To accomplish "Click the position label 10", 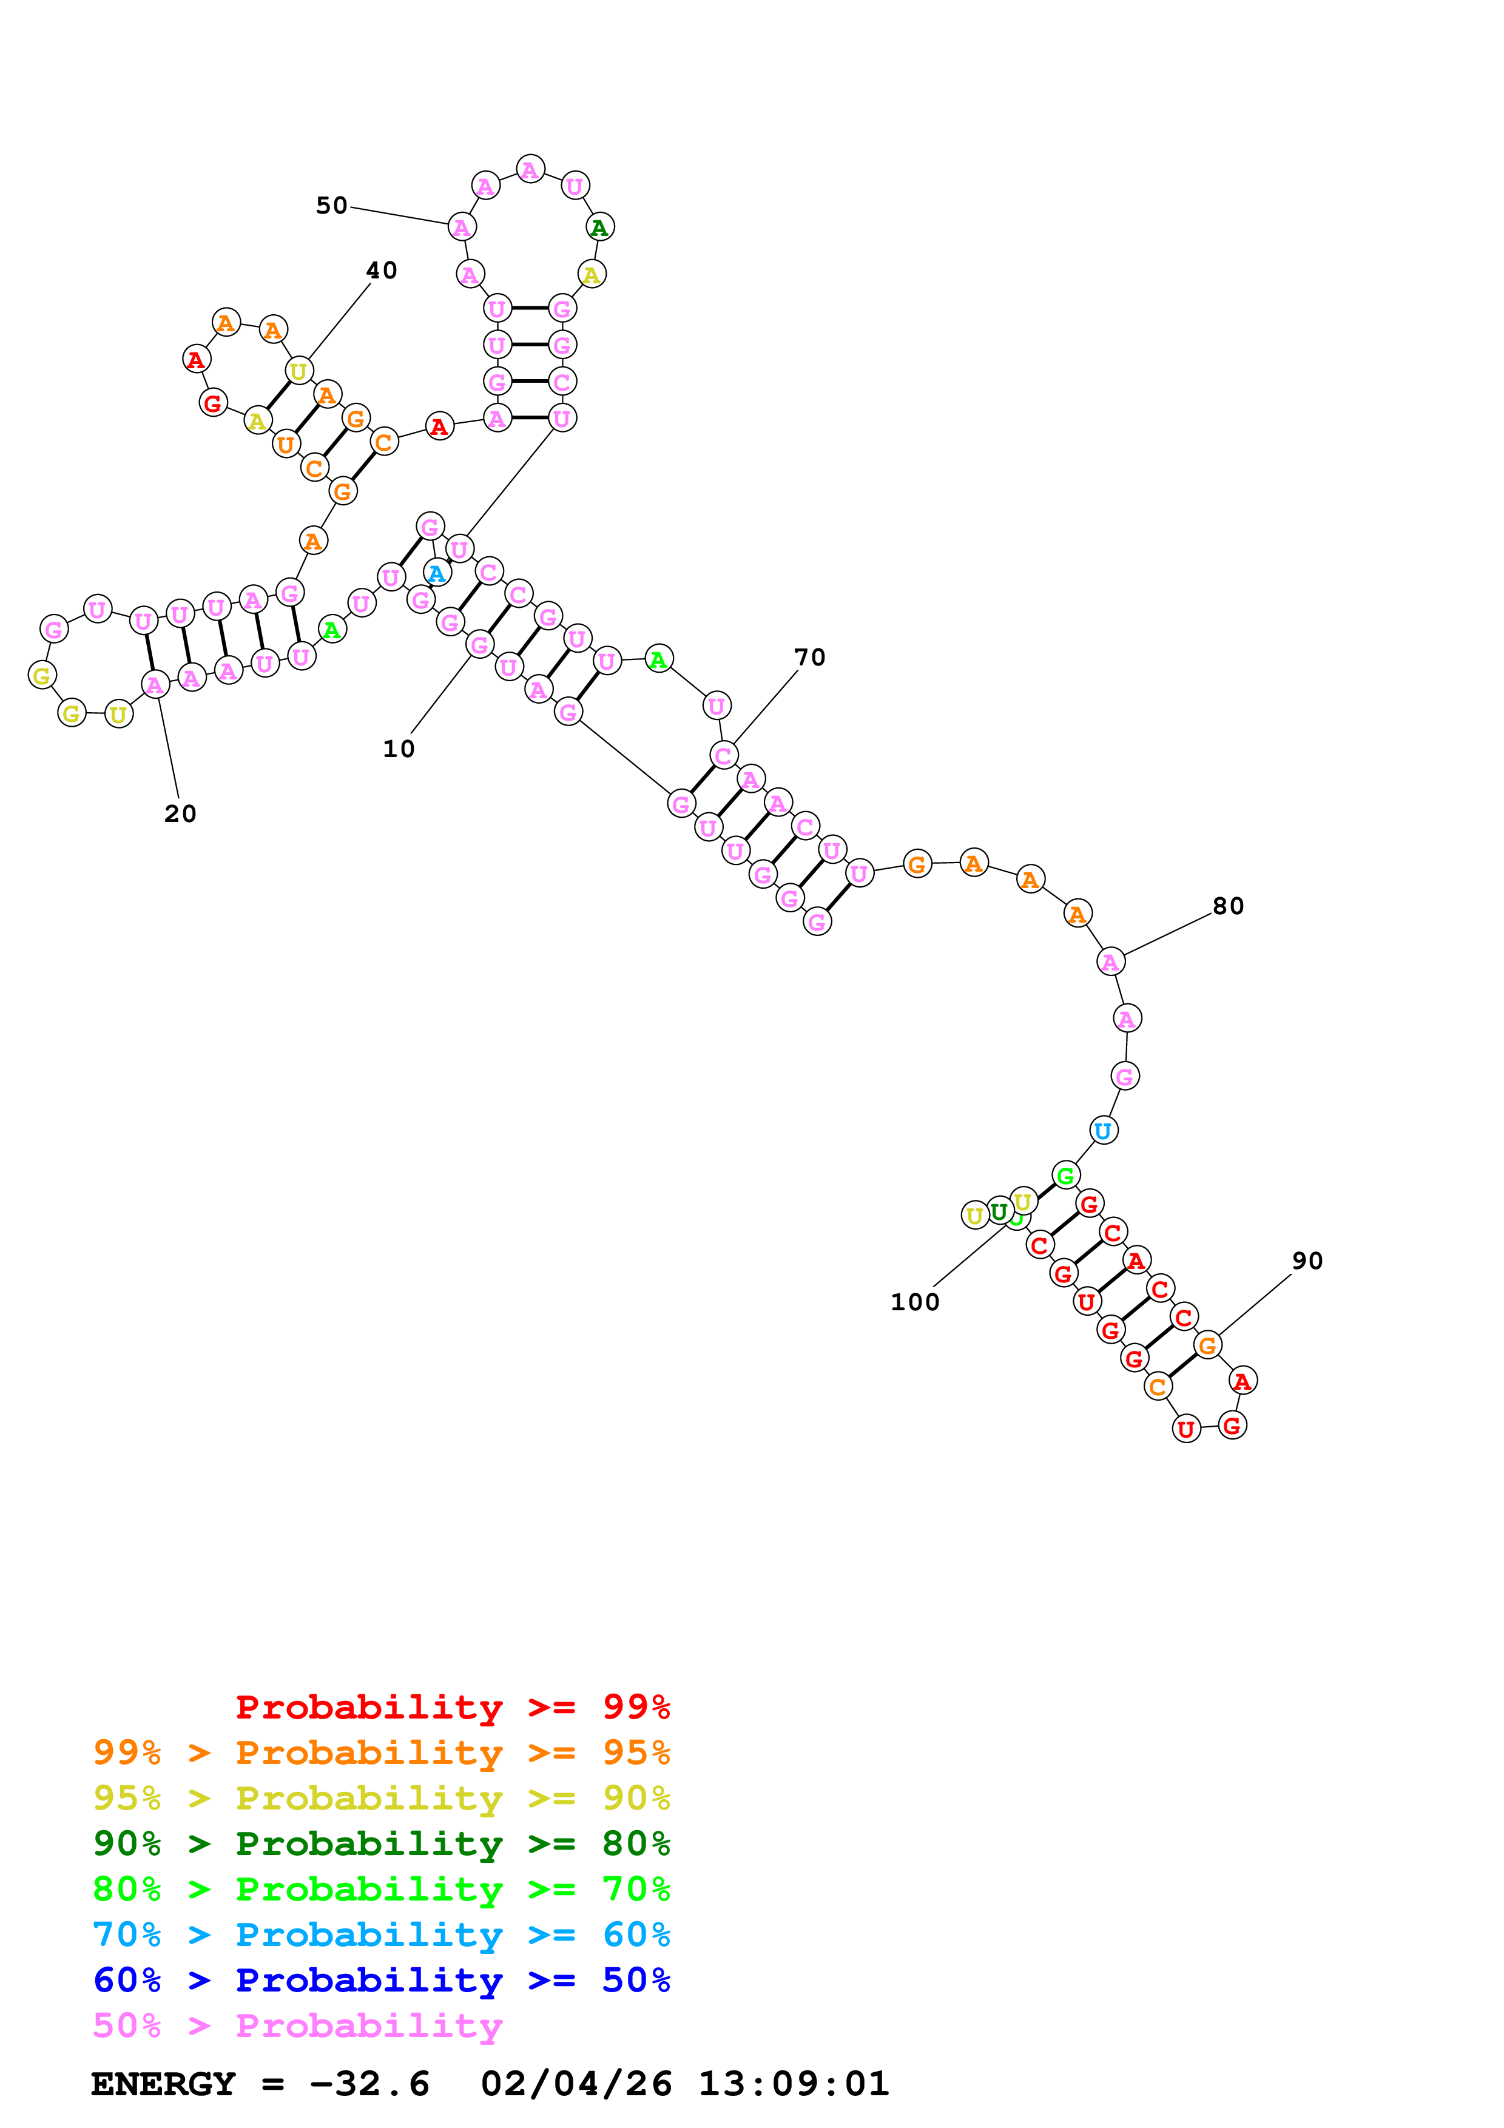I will point(399,749).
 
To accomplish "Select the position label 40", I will point(381,271).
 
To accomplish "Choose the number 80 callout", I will point(1228,906).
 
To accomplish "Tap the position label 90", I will point(1307,1261).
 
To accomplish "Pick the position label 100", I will point(915,1303).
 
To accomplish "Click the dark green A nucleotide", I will point(599,227).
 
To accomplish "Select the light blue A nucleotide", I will point(436,574).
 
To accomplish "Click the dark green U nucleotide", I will point(998,1211).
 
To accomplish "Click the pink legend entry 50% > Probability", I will point(297,2026).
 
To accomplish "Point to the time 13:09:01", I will point(793,2084).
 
